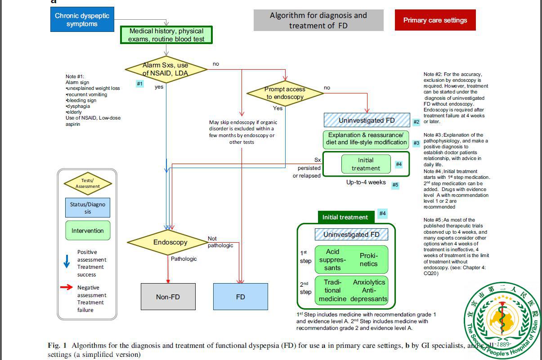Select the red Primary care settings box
(435, 20)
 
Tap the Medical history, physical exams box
(166, 35)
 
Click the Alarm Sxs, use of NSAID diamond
(165, 69)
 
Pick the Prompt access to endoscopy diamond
(285, 93)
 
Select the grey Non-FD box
(168, 297)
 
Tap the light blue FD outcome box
(240, 297)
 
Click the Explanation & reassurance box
(365, 139)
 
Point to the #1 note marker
(140, 84)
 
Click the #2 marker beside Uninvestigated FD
(417, 122)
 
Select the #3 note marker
(417, 143)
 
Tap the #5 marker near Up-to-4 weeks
(395, 185)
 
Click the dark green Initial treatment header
(345, 217)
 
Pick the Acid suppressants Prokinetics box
(351, 260)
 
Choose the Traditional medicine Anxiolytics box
(351, 290)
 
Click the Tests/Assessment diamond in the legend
(88, 183)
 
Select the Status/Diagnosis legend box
(87, 208)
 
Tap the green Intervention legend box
(87, 231)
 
